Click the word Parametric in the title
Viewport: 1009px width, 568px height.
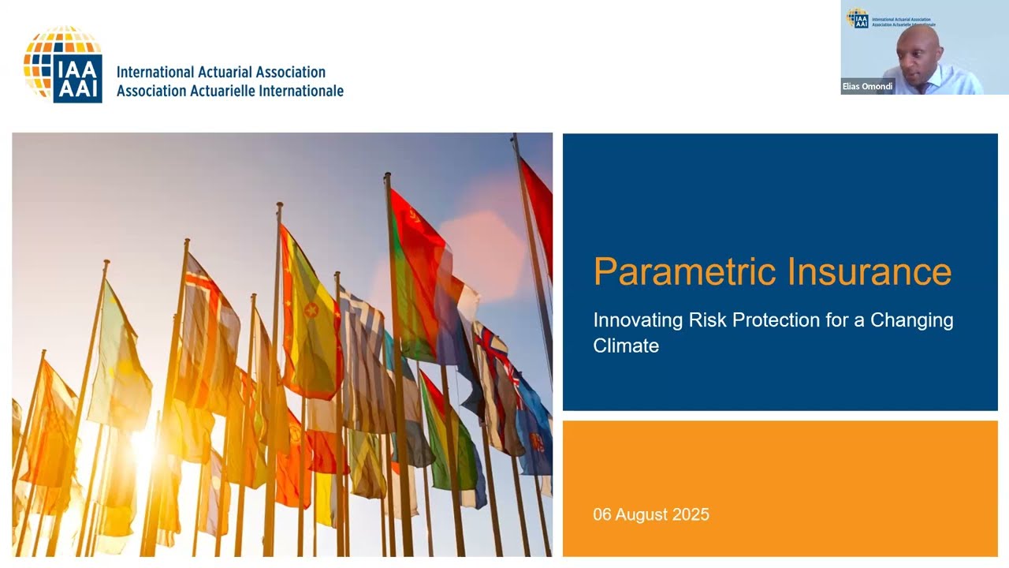tap(676, 272)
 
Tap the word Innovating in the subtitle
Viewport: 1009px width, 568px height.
tap(638, 320)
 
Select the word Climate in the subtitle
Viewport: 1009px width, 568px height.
tap(626, 346)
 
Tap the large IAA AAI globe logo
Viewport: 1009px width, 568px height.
tap(63, 65)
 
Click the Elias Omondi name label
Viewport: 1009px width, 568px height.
tap(867, 87)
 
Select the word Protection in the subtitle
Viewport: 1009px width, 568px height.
tap(776, 320)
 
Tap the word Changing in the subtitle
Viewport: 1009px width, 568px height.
tap(911, 320)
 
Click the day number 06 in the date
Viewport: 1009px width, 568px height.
tap(602, 515)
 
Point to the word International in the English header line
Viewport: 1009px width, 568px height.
tap(154, 73)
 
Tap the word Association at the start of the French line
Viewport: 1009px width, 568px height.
tap(152, 91)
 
